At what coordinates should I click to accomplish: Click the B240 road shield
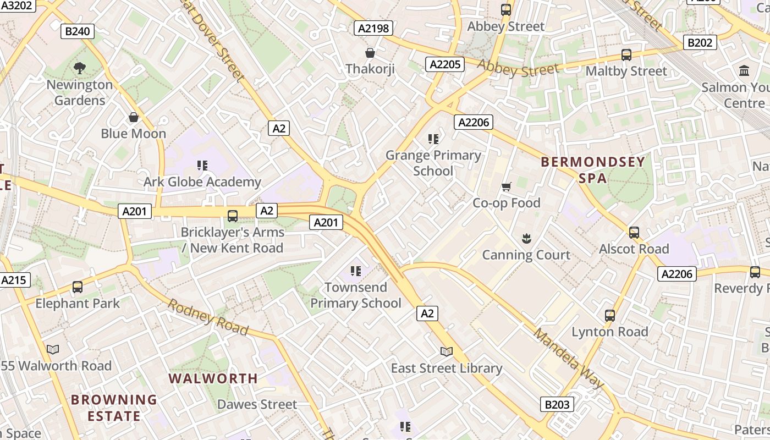click(x=77, y=31)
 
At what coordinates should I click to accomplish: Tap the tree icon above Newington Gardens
click(x=80, y=68)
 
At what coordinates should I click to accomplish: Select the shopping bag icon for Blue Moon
click(x=134, y=117)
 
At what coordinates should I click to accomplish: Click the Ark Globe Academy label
click(x=202, y=182)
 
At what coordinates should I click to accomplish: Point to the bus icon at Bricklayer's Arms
click(x=233, y=216)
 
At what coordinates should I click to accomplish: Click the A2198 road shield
click(x=373, y=28)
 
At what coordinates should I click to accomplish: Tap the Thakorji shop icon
click(x=370, y=53)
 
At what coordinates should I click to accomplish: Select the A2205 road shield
click(x=444, y=64)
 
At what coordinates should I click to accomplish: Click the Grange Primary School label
click(x=433, y=163)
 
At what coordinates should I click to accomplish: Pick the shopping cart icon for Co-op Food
click(x=507, y=187)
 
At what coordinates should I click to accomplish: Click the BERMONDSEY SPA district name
click(x=592, y=170)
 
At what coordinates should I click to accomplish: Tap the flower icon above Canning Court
click(x=526, y=239)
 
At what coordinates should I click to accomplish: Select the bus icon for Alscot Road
click(x=634, y=233)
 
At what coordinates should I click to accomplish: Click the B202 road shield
click(x=700, y=42)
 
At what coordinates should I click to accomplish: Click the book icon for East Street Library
click(x=447, y=351)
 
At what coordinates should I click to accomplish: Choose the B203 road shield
click(x=557, y=404)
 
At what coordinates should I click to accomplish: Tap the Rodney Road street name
click(x=208, y=316)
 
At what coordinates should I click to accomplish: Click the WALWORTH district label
click(x=213, y=378)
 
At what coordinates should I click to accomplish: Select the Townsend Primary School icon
click(x=356, y=271)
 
